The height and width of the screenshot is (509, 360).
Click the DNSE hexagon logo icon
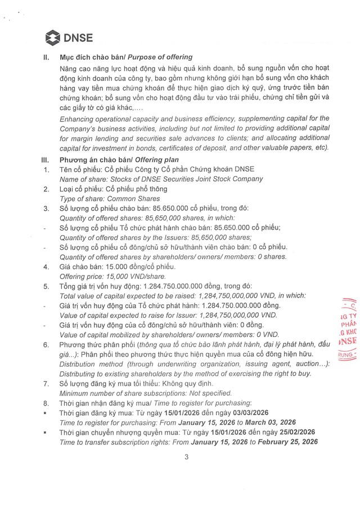[53, 39]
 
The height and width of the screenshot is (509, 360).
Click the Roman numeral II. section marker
[47, 57]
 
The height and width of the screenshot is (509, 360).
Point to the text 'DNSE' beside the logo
[79, 39]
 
